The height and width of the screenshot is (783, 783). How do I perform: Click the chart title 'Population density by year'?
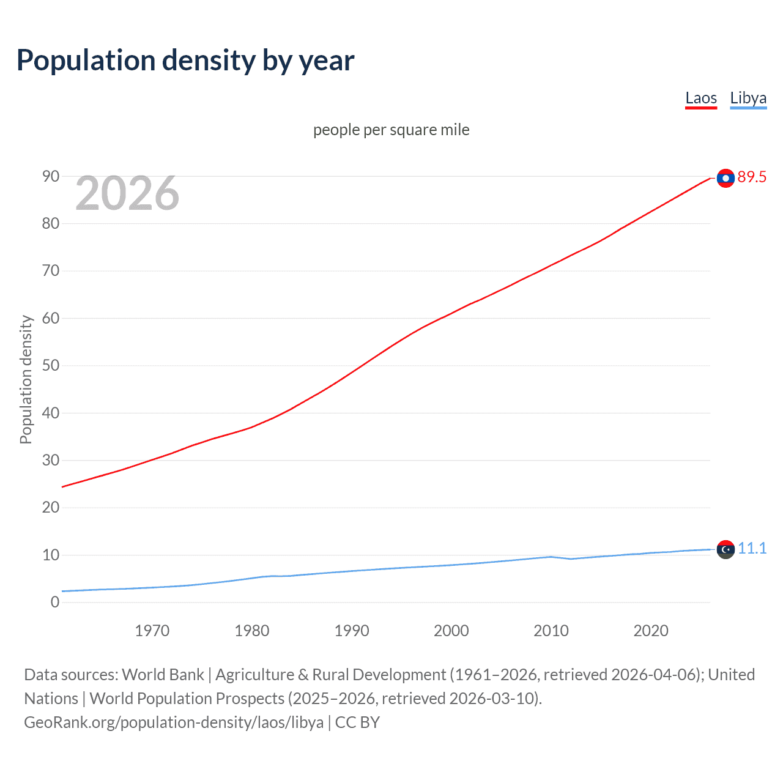[x=185, y=61]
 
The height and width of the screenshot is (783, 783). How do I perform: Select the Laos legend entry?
[x=700, y=98]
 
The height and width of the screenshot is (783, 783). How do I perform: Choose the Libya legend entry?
[x=748, y=98]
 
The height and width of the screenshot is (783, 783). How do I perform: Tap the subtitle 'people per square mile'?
[x=391, y=130]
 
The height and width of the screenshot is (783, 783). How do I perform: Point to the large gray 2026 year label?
[x=127, y=193]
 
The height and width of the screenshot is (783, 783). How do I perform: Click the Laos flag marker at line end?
[x=725, y=178]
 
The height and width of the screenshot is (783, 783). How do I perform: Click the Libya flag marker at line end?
[x=725, y=549]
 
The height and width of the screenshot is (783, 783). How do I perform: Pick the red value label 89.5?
[x=752, y=177]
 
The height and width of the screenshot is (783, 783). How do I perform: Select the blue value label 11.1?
[x=752, y=548]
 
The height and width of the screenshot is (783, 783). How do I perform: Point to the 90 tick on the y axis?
[x=51, y=176]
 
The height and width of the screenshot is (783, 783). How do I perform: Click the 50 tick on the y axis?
[x=51, y=365]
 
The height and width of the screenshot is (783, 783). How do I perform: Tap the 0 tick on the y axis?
[x=55, y=602]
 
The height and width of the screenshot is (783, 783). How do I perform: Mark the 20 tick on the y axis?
[x=51, y=507]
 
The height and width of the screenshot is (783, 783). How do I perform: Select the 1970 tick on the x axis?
[x=152, y=631]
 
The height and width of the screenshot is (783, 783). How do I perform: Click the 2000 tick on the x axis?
[x=451, y=631]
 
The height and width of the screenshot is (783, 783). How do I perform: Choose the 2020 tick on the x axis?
[x=650, y=631]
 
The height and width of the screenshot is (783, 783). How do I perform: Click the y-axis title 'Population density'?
[x=26, y=379]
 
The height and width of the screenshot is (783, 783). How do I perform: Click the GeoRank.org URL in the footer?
[x=174, y=722]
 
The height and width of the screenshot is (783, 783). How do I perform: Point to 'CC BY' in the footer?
[x=357, y=722]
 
